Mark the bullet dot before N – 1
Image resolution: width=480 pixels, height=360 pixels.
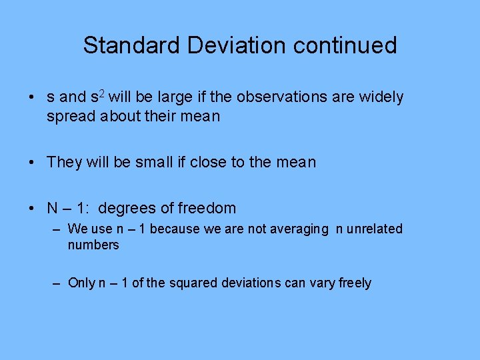point(32,209)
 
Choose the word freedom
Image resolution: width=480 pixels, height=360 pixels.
point(206,208)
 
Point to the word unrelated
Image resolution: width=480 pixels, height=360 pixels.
point(375,229)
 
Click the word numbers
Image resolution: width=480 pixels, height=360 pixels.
point(93,245)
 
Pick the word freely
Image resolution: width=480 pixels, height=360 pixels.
point(355,283)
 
